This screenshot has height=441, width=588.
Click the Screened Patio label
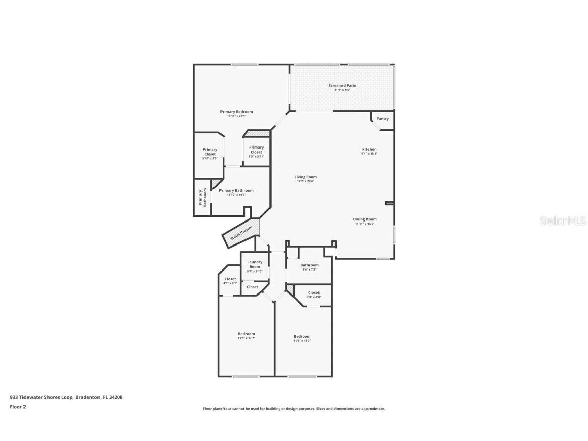pos(342,86)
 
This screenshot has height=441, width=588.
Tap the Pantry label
pos(382,119)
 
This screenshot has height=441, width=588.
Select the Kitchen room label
pos(369,150)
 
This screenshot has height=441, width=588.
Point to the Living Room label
pos(305,177)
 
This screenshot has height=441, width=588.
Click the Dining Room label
pos(364,219)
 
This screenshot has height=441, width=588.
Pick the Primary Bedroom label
pos(236,112)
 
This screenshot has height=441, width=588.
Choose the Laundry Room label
pos(255,264)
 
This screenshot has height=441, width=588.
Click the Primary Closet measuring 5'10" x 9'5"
pos(210,152)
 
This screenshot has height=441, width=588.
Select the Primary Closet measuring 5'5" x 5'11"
pos(256,150)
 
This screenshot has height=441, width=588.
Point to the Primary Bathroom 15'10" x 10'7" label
pos(236,191)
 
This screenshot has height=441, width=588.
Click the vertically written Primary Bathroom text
pos(202,198)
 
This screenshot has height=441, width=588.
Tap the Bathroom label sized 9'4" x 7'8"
pos(309,265)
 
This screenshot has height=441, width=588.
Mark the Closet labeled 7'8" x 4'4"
pos(314,293)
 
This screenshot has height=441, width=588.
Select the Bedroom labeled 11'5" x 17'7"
pos(246,334)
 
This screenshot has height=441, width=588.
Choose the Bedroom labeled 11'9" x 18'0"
pos(302,337)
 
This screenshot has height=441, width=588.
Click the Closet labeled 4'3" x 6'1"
pos(230,280)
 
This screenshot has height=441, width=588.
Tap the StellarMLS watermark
pos(562,221)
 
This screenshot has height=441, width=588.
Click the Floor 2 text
pos(17,407)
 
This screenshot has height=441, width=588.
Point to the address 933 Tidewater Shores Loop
pos(66,397)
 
